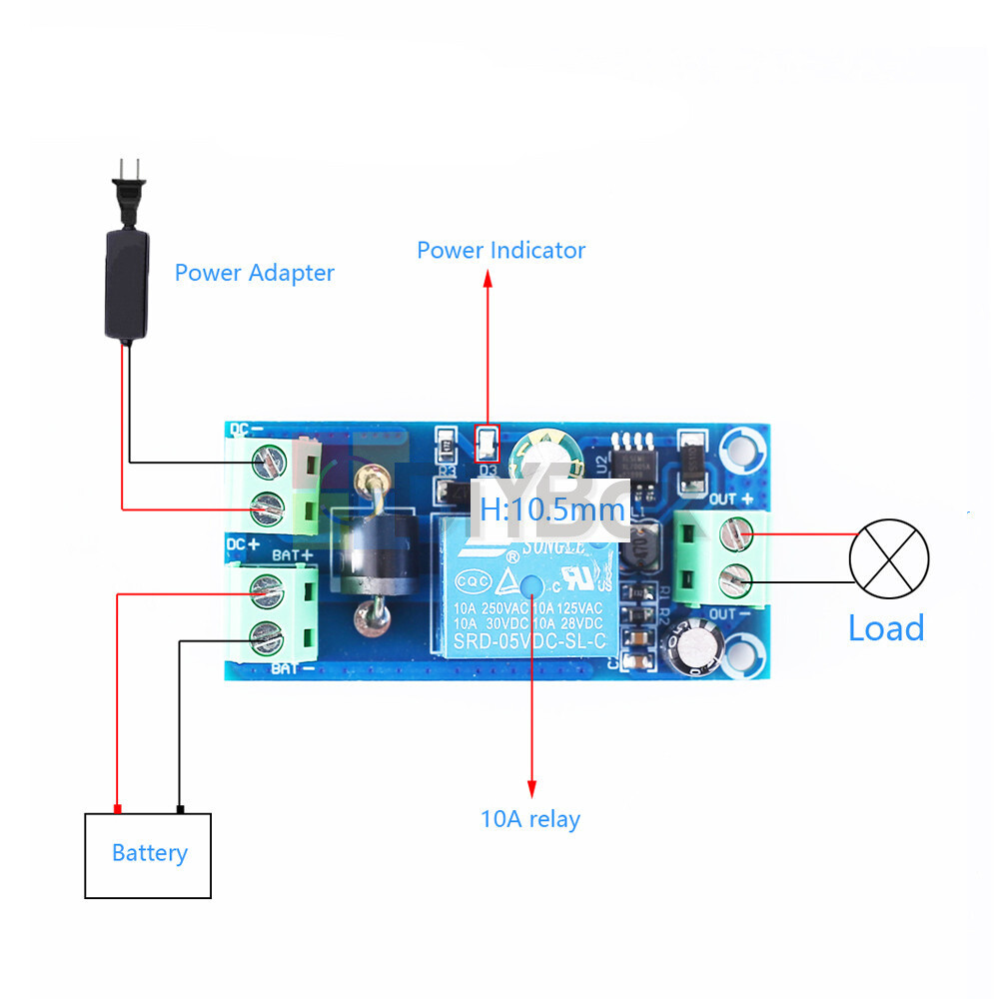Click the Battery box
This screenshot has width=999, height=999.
click(x=148, y=855)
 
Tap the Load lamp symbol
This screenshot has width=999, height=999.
click(x=888, y=557)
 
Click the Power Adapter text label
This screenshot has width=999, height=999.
click(x=254, y=273)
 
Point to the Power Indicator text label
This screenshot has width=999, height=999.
click(x=500, y=250)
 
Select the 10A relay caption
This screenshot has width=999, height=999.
click(x=529, y=820)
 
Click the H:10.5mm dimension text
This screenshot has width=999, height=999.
click(x=551, y=509)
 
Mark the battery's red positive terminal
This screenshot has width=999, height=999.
click(x=118, y=808)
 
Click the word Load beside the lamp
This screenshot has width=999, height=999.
click(x=885, y=628)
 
